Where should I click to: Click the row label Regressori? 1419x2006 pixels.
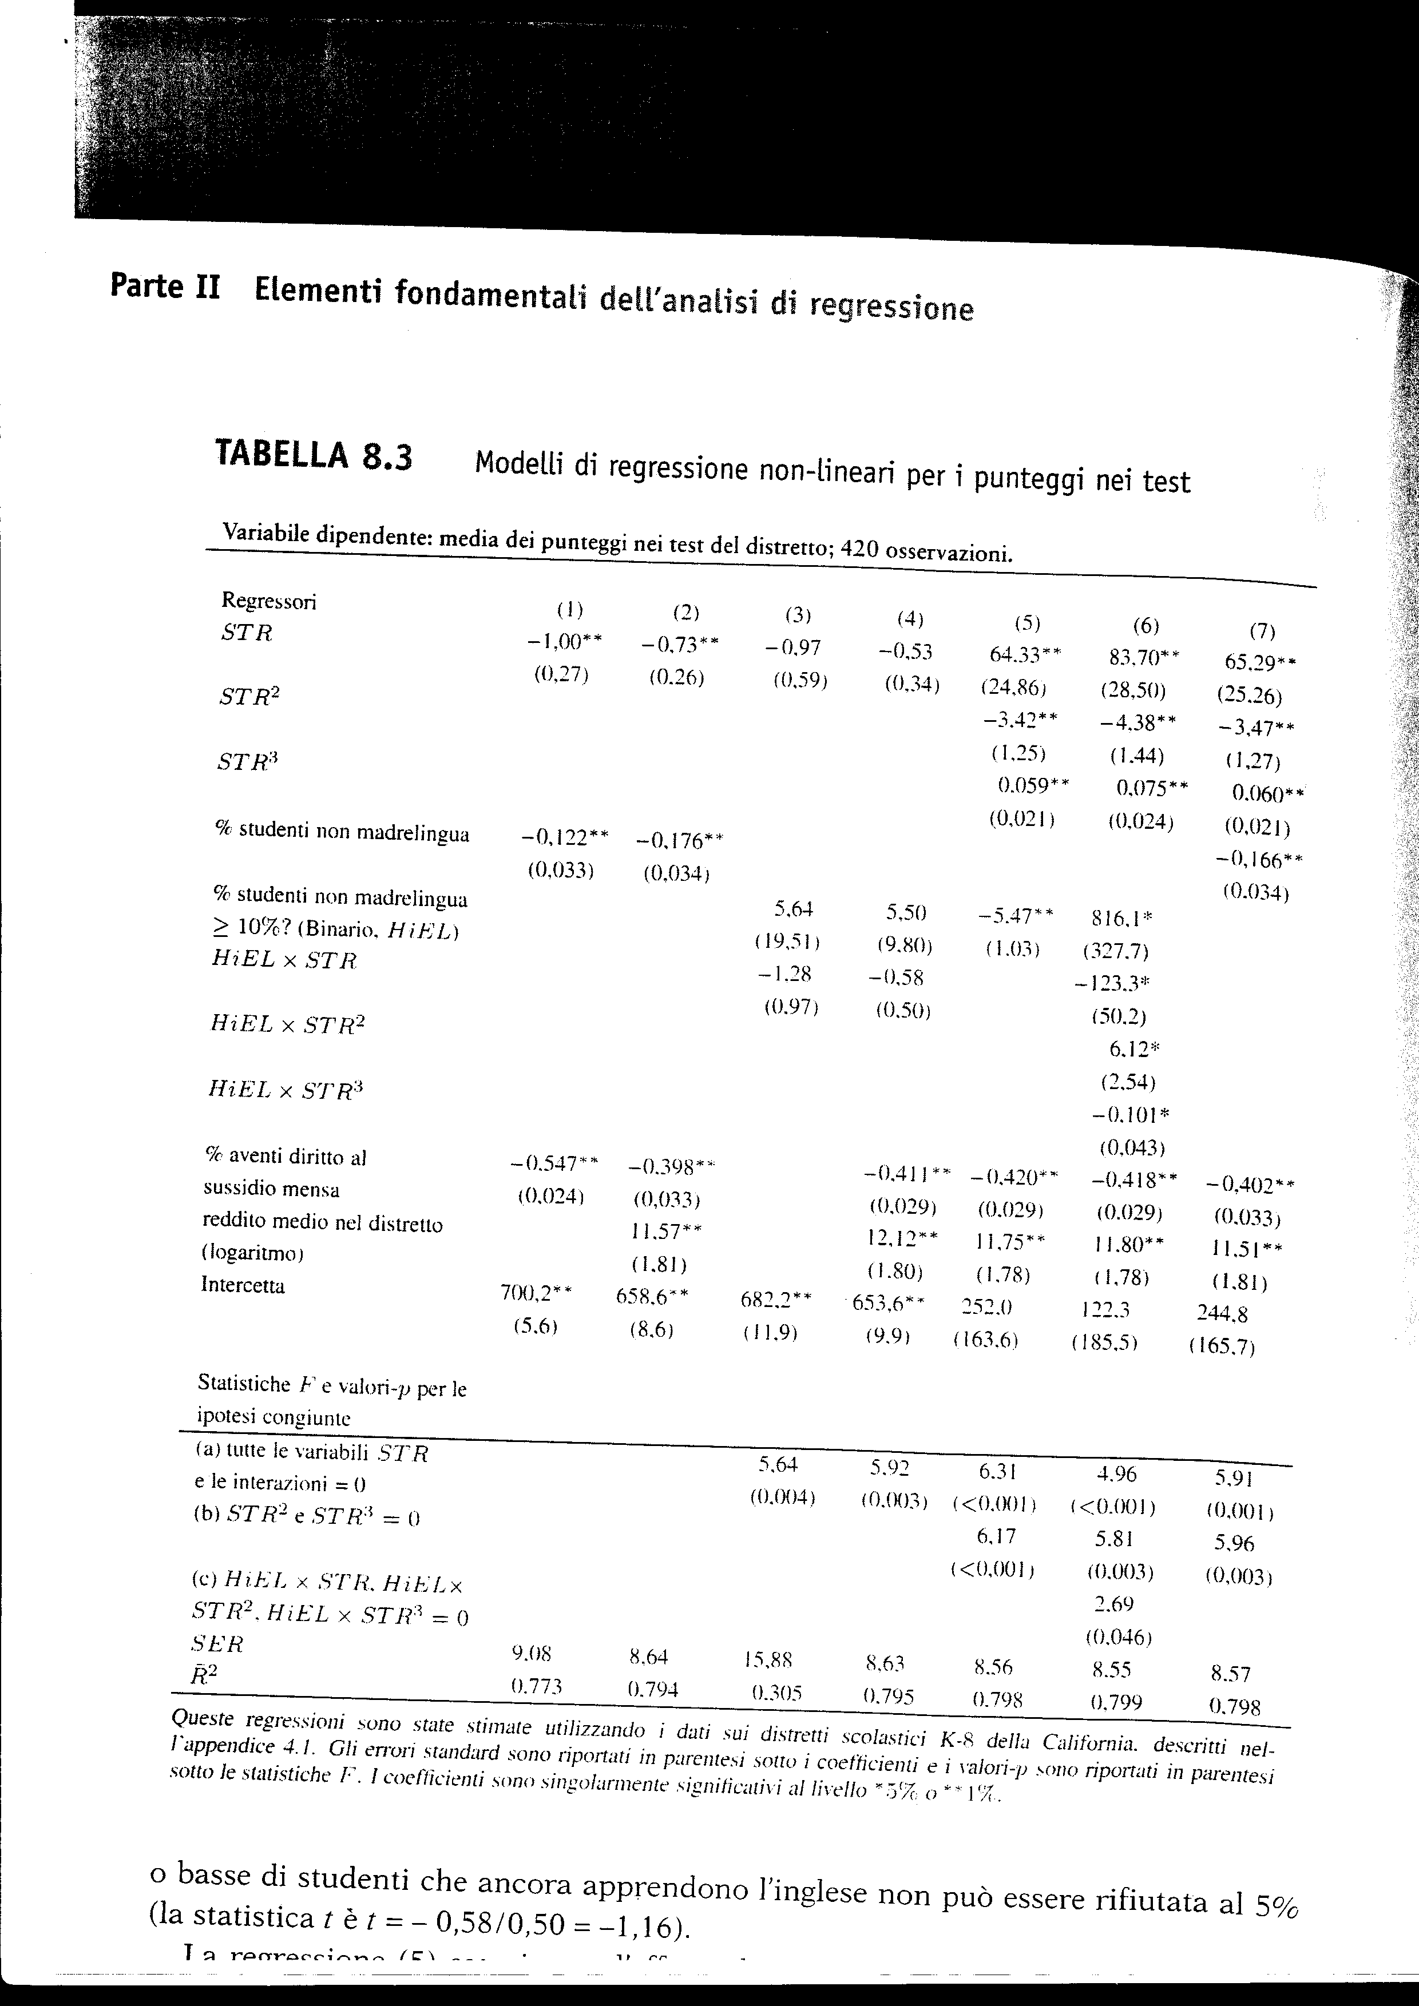point(268,601)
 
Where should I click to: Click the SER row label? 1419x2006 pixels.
point(217,1643)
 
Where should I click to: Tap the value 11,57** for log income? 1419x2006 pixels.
point(666,1232)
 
